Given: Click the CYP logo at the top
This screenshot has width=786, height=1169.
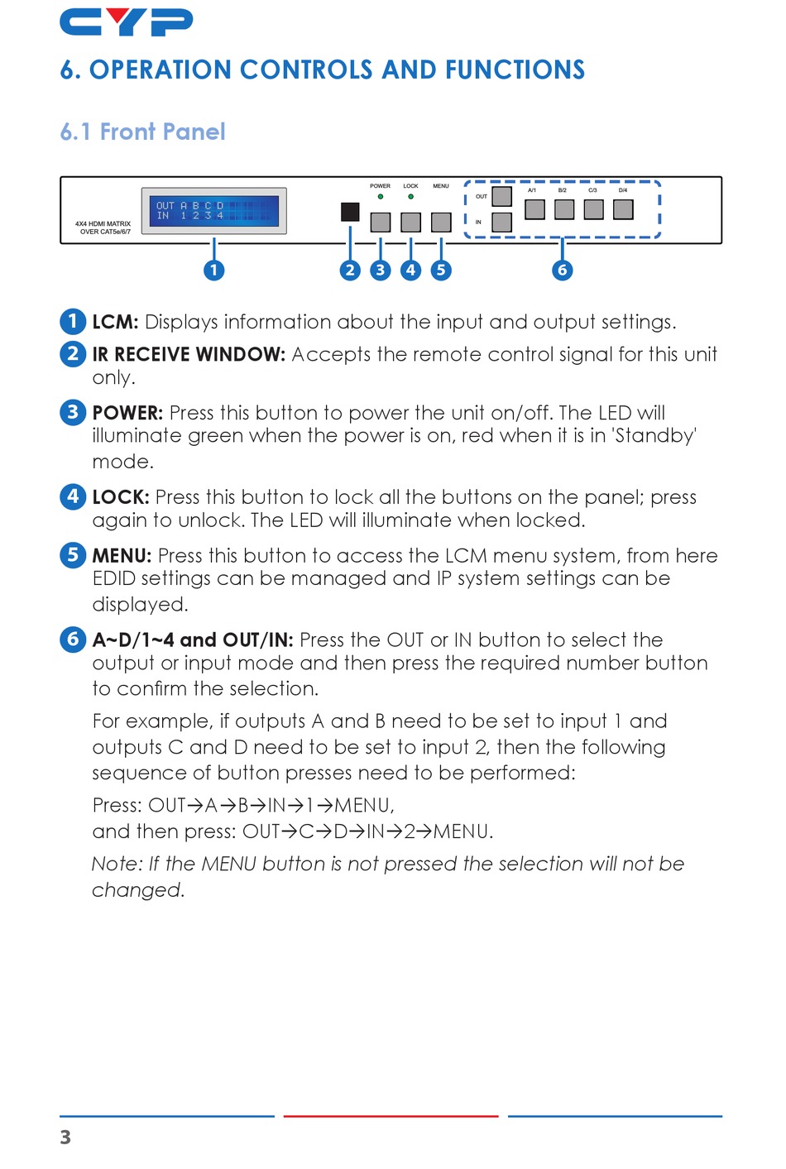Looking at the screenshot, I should (126, 22).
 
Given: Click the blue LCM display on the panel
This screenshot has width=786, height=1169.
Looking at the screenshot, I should (213, 210).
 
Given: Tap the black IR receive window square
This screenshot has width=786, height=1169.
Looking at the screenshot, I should (350, 211).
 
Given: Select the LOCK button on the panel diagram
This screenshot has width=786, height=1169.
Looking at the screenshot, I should (410, 222).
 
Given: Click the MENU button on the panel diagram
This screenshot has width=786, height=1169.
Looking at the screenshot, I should (441, 222).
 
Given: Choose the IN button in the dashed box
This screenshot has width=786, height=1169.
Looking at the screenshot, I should (501, 222).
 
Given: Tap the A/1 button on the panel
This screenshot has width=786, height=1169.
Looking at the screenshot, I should (534, 209).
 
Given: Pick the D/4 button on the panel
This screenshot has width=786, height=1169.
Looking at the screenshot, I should (623, 209).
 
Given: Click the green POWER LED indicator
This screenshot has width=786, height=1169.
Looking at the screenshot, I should (381, 197).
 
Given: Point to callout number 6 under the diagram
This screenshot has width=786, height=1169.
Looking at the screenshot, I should (563, 270).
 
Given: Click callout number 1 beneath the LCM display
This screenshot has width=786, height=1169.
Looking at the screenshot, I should (213, 270).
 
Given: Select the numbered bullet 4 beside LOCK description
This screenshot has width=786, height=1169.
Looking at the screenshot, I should (73, 496).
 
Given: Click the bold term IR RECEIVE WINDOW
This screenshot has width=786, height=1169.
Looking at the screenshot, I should (189, 355).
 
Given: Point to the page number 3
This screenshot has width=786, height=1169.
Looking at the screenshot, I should (65, 1138).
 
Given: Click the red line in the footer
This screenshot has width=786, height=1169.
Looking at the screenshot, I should (391, 1116).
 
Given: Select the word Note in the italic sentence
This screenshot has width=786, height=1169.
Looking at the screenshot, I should (116, 865).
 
